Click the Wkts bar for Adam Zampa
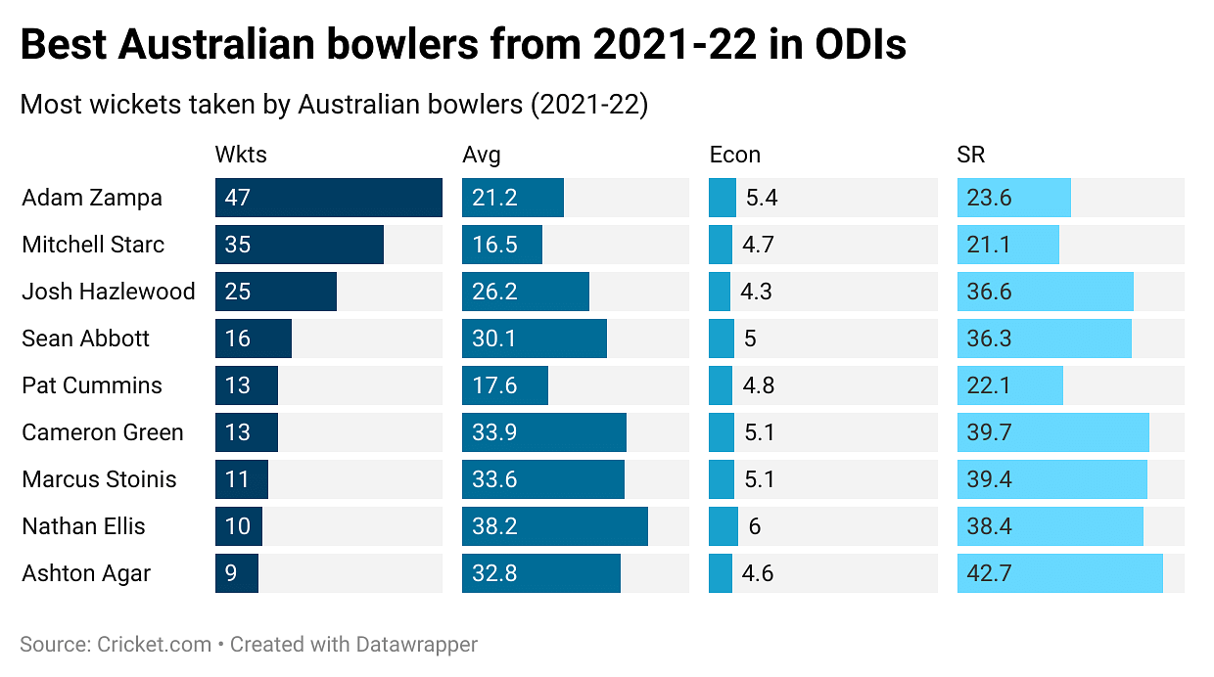coord(328,198)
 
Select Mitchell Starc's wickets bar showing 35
coord(300,245)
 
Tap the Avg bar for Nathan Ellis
coord(554,526)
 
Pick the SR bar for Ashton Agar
coord(1059,573)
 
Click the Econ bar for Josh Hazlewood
coord(720,292)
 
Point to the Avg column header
coord(481,155)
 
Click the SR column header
coord(970,155)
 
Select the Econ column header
coord(734,155)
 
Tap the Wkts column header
coord(241,155)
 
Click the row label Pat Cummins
coord(92,385)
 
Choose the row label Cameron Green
coord(103,432)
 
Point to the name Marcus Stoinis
coord(99,479)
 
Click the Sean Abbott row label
coord(86,338)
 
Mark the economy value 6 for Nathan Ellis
coord(755,526)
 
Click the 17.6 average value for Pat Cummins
coord(494,385)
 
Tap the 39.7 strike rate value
coord(989,432)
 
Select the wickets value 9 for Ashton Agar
coord(231,573)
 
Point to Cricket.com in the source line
coord(154,645)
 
